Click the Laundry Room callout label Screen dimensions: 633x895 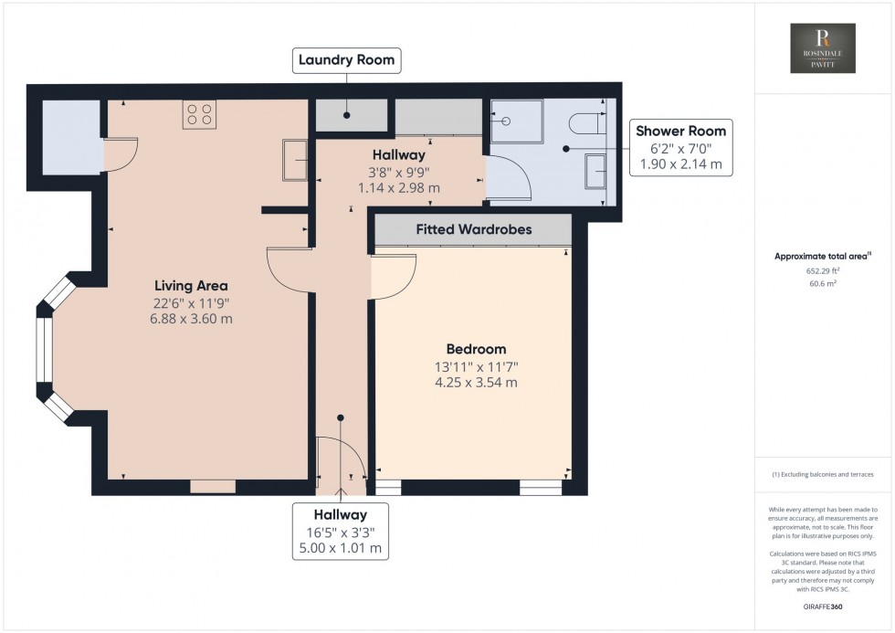[346, 61]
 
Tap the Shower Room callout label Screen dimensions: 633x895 [680, 131]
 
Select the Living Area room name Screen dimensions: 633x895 [191, 285]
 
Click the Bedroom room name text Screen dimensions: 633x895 [476, 349]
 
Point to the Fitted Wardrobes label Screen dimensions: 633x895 [473, 229]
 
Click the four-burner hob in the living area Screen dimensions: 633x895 [200, 114]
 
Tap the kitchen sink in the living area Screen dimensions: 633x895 [296, 160]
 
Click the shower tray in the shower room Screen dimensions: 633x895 [517, 121]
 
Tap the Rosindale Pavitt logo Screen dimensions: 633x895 [823, 49]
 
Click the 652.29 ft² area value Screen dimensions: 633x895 [823, 271]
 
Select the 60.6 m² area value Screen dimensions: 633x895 [823, 284]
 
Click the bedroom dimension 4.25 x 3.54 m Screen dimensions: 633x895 [476, 383]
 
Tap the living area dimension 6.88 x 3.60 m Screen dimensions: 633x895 [191, 319]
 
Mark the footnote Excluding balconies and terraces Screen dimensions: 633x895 [823, 475]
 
